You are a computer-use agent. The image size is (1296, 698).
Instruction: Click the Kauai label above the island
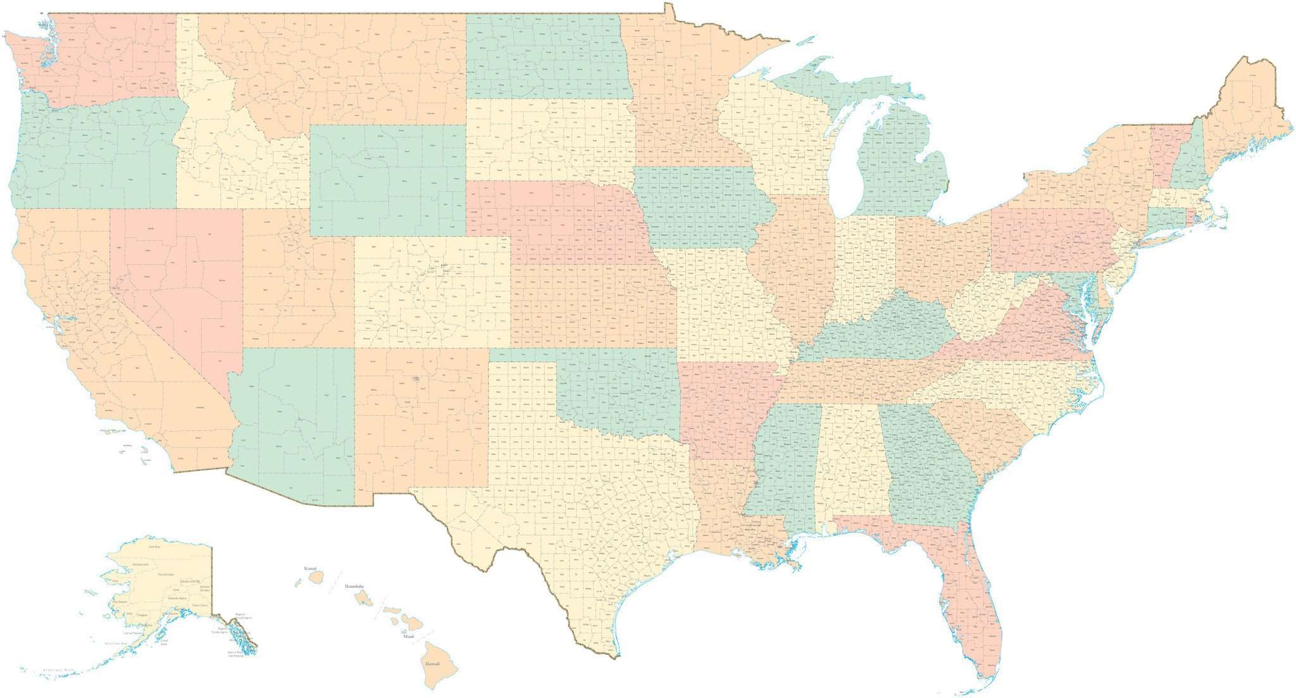coord(310,568)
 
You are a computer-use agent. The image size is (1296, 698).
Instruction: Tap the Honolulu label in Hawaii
coord(354,587)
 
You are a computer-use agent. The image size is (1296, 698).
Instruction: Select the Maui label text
coord(409,635)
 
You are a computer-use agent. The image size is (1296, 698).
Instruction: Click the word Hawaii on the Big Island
coord(433,663)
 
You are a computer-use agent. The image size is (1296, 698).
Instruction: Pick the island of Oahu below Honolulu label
coord(362,598)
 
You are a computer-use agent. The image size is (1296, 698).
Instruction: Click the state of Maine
coord(1240,114)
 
